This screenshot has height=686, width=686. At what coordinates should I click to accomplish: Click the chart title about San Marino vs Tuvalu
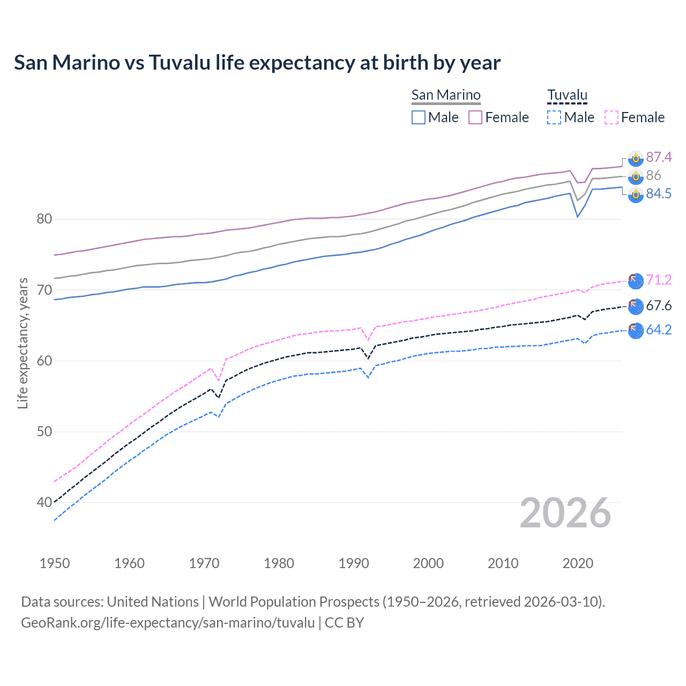(x=257, y=63)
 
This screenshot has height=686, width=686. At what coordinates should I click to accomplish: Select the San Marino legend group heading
(x=446, y=95)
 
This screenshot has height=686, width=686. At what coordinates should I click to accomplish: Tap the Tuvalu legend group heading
(x=567, y=95)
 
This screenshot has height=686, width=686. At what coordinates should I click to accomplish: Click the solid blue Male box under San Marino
(x=419, y=117)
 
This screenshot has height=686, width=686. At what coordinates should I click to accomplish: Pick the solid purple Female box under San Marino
(x=475, y=117)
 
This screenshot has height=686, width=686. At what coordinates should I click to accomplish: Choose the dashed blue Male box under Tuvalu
(x=554, y=117)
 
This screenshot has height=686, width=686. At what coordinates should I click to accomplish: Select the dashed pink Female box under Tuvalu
(x=612, y=117)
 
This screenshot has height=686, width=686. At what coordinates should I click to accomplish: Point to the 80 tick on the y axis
(x=44, y=219)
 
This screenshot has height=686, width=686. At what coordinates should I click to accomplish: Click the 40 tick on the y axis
(x=44, y=502)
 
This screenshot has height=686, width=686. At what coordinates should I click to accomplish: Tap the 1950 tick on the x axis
(x=55, y=563)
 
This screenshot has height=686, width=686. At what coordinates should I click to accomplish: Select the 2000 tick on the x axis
(x=428, y=563)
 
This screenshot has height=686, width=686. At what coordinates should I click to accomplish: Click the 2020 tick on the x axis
(x=578, y=563)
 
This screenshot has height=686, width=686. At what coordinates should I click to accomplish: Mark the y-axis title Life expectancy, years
(x=23, y=343)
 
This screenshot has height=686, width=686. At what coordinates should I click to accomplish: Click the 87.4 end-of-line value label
(x=659, y=157)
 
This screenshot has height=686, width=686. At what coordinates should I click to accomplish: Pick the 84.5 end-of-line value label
(x=659, y=193)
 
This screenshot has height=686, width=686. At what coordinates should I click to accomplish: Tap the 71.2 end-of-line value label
(x=659, y=280)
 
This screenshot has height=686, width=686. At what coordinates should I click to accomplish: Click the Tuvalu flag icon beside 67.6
(x=636, y=306)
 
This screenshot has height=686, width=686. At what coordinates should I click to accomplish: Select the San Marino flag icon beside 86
(x=636, y=176)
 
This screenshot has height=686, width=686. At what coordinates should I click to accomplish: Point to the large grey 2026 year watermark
(x=565, y=513)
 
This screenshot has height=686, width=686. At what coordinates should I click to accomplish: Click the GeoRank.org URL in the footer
(x=168, y=623)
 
